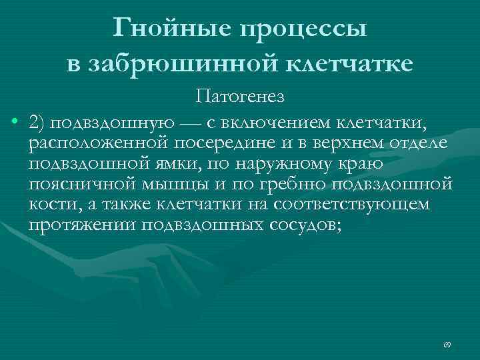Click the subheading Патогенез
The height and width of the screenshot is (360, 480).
tap(240, 98)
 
